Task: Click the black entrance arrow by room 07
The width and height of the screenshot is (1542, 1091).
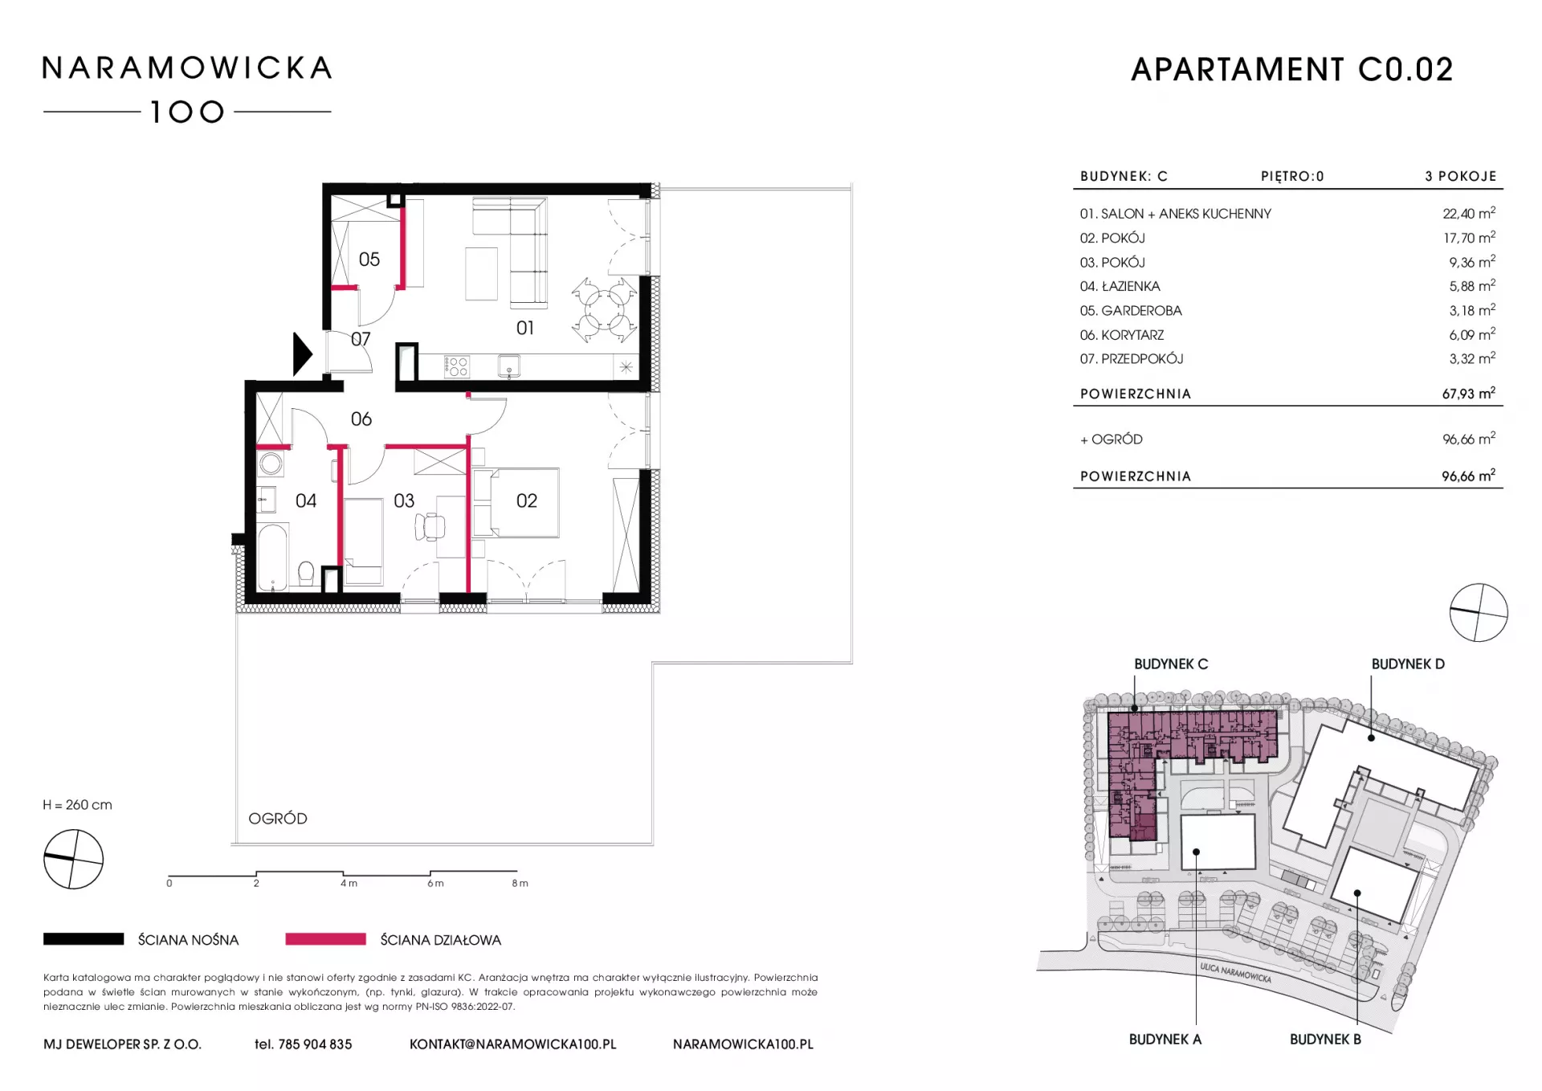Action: [302, 353]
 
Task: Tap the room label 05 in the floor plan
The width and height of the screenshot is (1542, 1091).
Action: [369, 259]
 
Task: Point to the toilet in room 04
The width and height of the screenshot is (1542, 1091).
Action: [306, 574]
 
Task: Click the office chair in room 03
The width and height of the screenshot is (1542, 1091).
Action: [430, 526]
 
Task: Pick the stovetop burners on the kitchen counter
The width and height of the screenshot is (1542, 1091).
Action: [457, 367]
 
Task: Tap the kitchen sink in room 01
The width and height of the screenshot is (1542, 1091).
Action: [509, 366]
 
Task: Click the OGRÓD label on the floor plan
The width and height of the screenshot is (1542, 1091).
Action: [278, 819]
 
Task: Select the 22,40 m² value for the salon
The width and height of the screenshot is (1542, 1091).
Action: [1469, 213]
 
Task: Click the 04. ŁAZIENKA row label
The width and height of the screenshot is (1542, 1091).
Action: [1120, 286]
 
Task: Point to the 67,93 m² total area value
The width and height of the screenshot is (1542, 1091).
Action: [1469, 393]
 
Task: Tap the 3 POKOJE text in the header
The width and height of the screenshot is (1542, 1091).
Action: [1461, 176]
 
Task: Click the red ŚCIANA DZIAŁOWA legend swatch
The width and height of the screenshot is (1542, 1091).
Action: [325, 939]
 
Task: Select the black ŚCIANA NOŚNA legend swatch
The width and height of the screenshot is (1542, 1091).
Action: [84, 939]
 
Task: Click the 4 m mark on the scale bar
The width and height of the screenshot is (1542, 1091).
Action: [349, 883]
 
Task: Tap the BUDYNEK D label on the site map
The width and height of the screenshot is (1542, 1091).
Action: [1408, 664]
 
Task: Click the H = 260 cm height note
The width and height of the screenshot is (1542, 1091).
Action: [78, 805]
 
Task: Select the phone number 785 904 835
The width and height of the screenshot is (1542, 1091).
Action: [315, 1044]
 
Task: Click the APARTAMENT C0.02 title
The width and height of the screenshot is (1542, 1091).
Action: [1292, 70]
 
